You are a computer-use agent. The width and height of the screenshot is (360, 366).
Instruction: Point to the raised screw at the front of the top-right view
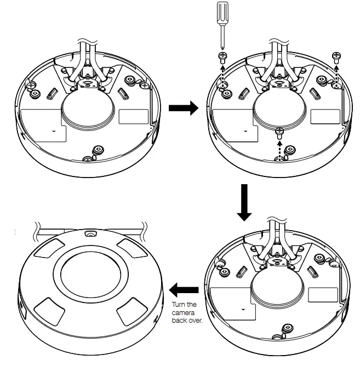tap(279, 131)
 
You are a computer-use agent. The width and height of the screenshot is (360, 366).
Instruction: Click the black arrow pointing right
tap(182, 108)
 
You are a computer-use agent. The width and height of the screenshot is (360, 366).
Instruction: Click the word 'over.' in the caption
tap(195, 321)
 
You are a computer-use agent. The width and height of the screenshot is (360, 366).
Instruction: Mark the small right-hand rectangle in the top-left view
tap(133, 116)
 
